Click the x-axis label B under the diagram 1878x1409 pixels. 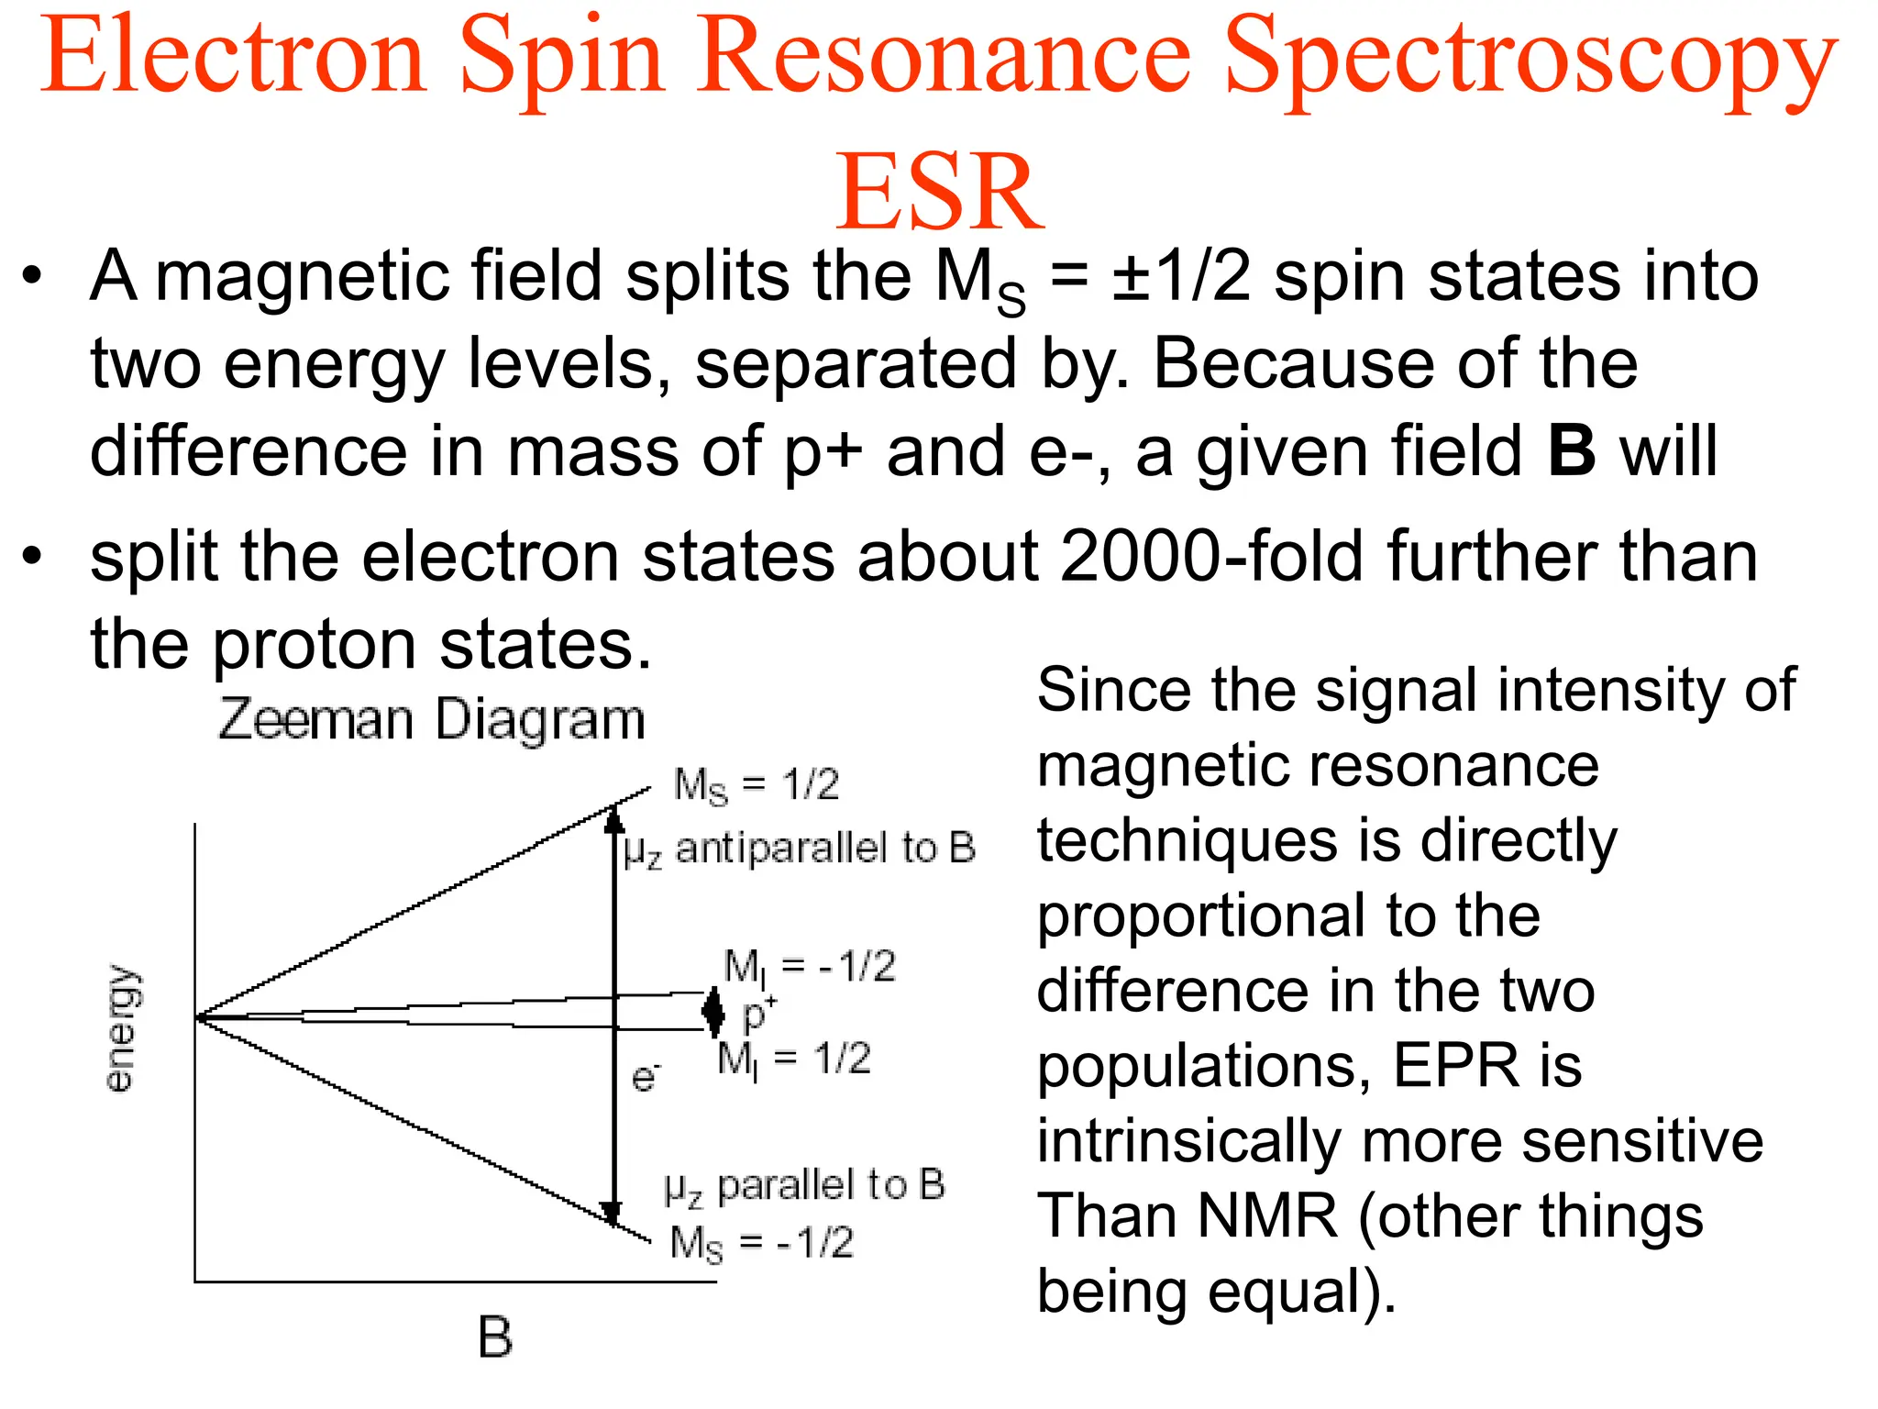(495, 1337)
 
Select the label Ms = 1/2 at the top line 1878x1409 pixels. (756, 785)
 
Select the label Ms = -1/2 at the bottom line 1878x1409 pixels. (761, 1244)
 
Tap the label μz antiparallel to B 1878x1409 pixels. (799, 849)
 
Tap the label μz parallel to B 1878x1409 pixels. (804, 1186)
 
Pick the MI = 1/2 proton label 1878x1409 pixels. (793, 1060)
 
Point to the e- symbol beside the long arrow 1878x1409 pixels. (646, 1076)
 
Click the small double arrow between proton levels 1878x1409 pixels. (713, 1011)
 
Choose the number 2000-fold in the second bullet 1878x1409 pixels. (1211, 556)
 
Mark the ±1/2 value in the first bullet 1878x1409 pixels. (1181, 277)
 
